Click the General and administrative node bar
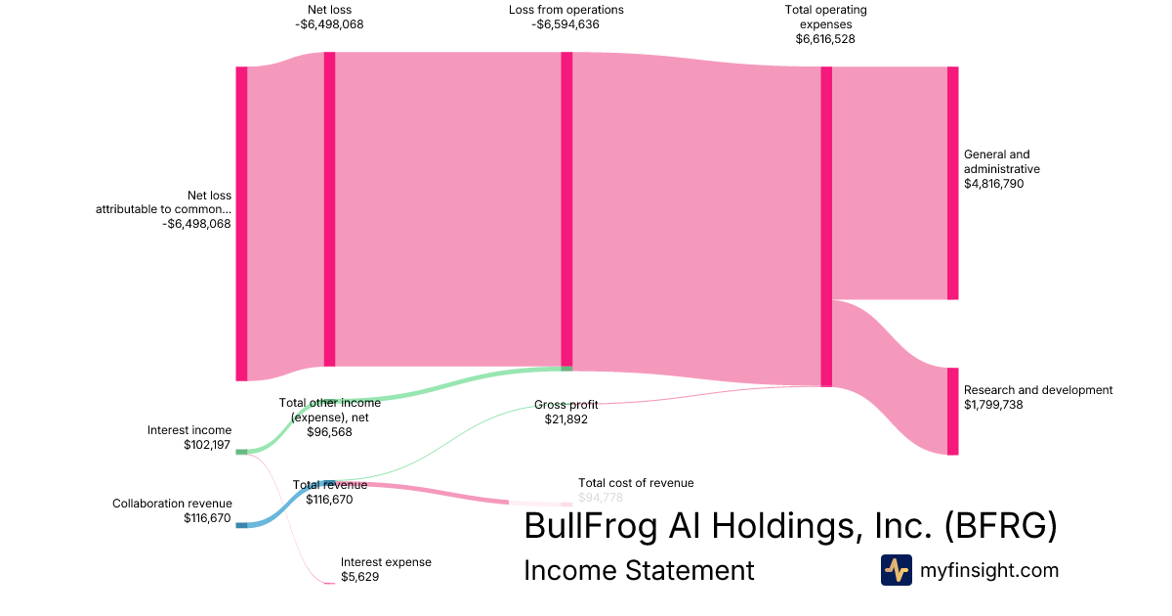(x=952, y=183)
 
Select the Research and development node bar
(x=952, y=411)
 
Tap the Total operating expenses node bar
(x=826, y=226)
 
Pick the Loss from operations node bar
(x=566, y=210)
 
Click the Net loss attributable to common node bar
(x=241, y=223)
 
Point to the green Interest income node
(x=241, y=452)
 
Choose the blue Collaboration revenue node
(x=241, y=525)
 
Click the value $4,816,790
(x=993, y=184)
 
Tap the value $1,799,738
(x=993, y=405)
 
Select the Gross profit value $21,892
(x=566, y=419)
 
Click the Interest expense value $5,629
(x=359, y=577)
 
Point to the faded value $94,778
(x=600, y=498)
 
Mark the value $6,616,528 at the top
(x=825, y=40)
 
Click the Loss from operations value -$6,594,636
(x=565, y=24)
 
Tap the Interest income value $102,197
(x=207, y=445)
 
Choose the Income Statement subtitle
(x=639, y=570)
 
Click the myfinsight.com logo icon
(x=896, y=570)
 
